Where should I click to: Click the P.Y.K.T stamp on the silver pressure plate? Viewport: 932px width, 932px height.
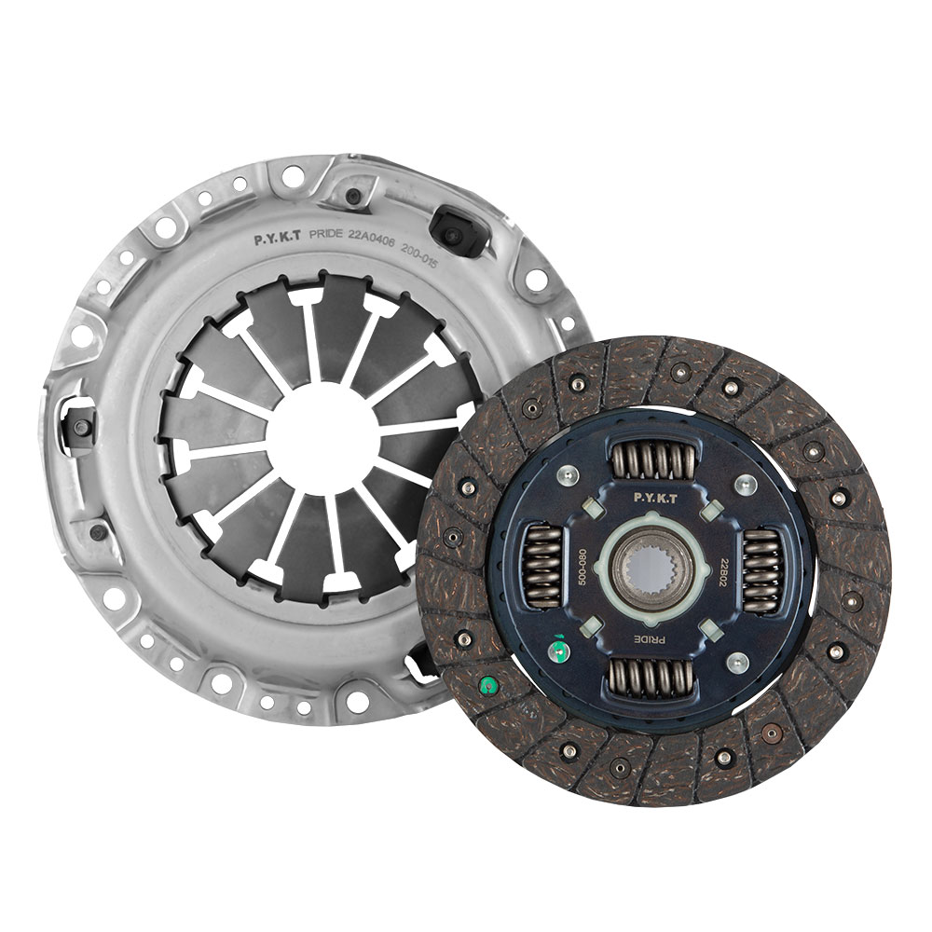(278, 240)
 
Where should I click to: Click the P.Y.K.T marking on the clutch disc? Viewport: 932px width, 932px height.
(655, 499)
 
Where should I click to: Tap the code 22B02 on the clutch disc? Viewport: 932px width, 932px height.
(724, 572)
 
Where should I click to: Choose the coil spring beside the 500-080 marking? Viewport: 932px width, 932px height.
(542, 566)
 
